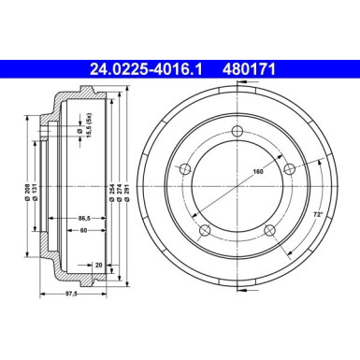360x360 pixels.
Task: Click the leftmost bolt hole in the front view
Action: [x=185, y=169]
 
